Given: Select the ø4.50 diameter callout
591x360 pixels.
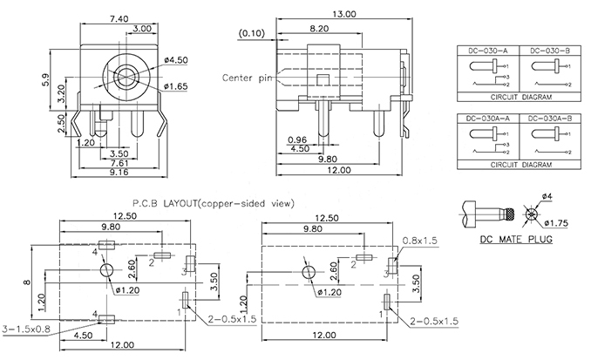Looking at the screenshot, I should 178,60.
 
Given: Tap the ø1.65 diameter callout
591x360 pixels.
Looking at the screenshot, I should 178,88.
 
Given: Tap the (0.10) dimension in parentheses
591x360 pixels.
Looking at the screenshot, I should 252,33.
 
